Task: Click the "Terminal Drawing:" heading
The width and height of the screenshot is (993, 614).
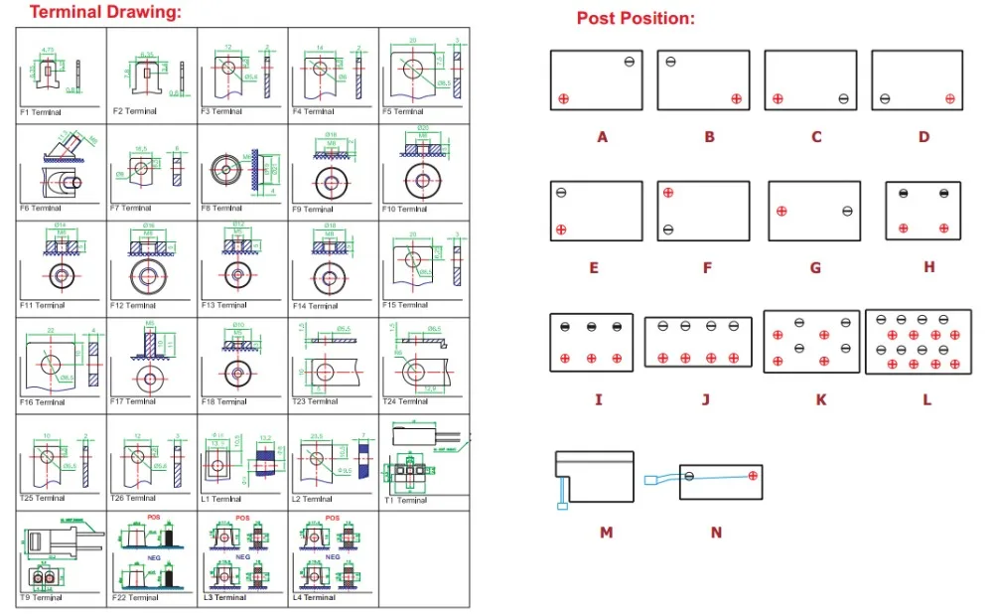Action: [x=105, y=13]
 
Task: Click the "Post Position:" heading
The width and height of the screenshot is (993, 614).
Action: [x=636, y=19]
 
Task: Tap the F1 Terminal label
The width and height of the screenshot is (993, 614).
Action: [x=41, y=113]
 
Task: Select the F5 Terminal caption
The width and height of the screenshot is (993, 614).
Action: [x=403, y=112]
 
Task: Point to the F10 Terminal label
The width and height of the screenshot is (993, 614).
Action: [x=404, y=209]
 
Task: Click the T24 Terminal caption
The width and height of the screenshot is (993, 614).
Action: [x=404, y=402]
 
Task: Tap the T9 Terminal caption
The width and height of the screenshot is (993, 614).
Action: [x=41, y=598]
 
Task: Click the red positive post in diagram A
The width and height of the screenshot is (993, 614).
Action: [x=563, y=97]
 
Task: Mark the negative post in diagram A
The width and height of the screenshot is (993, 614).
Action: [x=630, y=63]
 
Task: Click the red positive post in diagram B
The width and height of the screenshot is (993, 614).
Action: [x=736, y=97]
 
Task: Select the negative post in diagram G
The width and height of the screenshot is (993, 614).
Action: [x=847, y=211]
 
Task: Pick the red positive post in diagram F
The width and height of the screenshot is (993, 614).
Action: [x=668, y=193]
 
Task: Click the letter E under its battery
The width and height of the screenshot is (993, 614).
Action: [x=593, y=268]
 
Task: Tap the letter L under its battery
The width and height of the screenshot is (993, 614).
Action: [x=926, y=400]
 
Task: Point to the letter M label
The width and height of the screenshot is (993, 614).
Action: [x=606, y=533]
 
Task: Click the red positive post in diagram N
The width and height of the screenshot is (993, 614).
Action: [x=753, y=477]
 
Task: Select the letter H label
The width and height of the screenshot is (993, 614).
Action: [x=928, y=268]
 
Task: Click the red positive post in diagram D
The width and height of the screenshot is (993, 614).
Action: [x=950, y=97]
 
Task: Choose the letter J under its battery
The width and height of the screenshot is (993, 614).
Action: [x=705, y=400]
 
